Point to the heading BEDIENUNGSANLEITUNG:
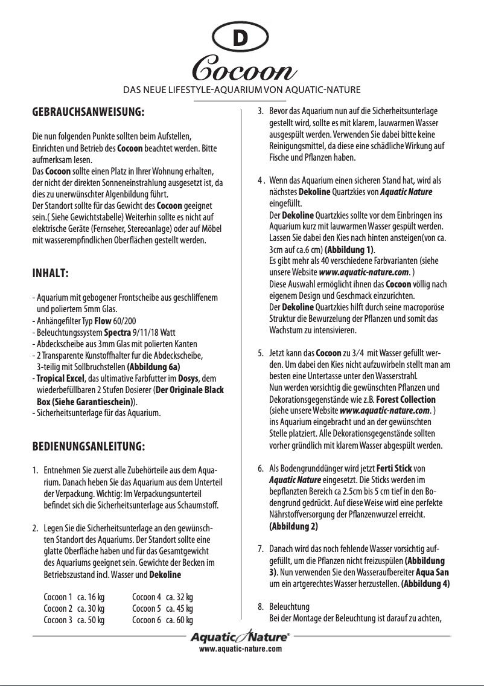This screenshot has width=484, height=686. tap(88, 447)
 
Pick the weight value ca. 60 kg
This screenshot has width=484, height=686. tap(179, 620)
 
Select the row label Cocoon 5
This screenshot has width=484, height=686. tap(147, 608)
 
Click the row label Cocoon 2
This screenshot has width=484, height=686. tap(59, 608)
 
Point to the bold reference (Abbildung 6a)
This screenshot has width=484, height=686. tap(154, 367)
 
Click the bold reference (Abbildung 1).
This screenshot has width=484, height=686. tap(349, 249)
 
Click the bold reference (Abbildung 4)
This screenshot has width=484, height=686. tap(425, 584)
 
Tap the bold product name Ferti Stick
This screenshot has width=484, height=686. tap(395, 469)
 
